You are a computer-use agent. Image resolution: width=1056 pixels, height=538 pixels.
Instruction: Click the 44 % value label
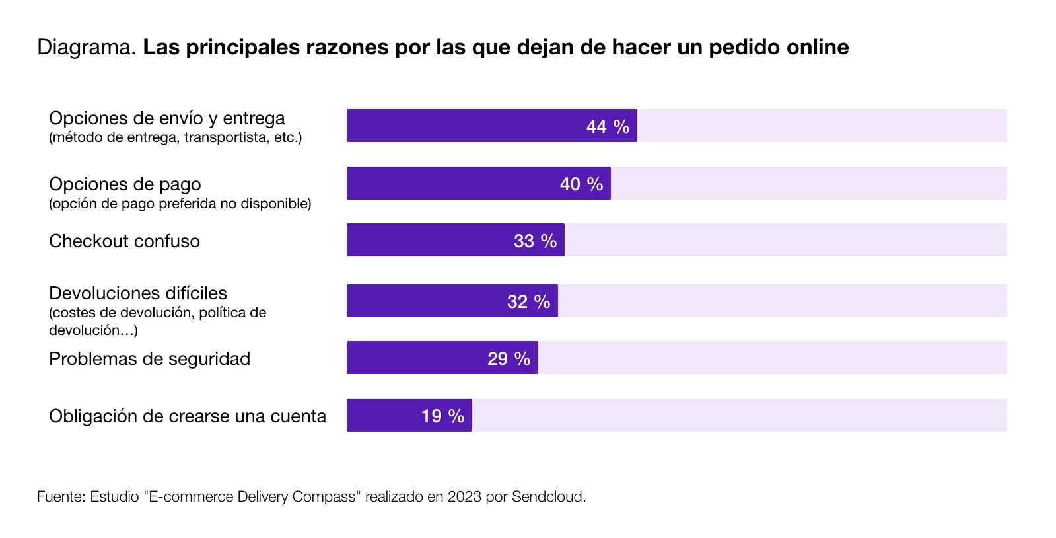pos(608,126)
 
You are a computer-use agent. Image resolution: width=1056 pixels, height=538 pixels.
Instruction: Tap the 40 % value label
pos(581,184)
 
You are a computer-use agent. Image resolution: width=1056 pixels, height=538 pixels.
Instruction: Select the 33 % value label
pos(535,241)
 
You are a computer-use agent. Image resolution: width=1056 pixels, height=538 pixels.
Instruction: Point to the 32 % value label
pos(528,301)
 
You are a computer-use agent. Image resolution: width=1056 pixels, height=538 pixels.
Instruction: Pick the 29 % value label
pos(509,358)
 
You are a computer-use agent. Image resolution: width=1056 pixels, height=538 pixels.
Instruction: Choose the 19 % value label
pos(442,416)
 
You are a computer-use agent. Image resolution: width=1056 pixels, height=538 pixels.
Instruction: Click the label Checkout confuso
pos(124,241)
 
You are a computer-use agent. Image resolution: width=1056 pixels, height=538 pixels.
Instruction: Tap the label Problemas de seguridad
pos(149,358)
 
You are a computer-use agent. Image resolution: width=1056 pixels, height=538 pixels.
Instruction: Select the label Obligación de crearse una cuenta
pos(188,416)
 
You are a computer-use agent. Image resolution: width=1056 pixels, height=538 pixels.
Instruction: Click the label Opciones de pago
pos(125,184)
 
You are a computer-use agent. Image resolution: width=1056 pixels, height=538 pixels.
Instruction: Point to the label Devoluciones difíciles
pos(138,293)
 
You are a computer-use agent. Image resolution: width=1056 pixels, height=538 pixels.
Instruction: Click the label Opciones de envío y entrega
pos(166,118)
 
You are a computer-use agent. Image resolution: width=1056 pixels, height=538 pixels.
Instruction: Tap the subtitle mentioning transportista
pos(175,137)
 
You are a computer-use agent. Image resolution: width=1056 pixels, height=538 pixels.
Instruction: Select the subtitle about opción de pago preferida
pos(180,203)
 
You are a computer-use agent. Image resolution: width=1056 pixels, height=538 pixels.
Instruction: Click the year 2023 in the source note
pos(464,496)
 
